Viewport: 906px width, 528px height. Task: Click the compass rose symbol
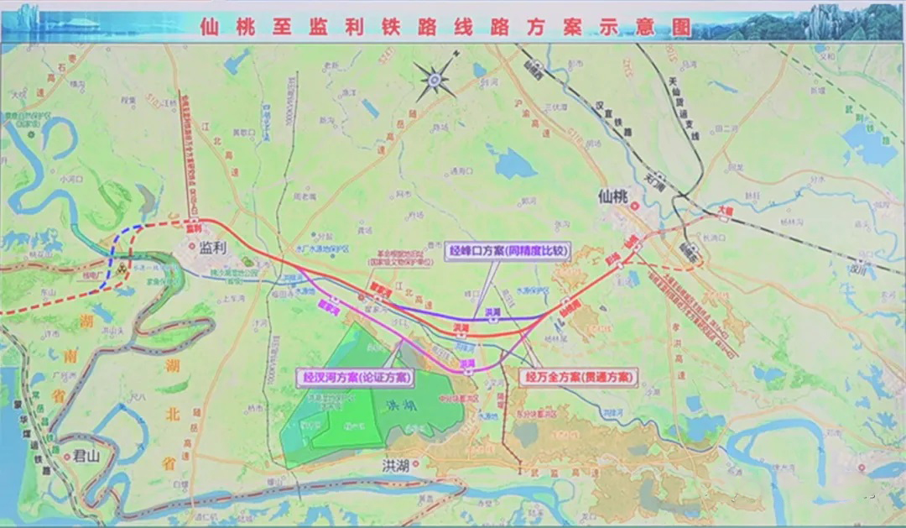tap(435, 79)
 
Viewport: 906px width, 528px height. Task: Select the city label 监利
tap(214, 248)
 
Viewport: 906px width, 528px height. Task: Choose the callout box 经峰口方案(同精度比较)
tap(508, 250)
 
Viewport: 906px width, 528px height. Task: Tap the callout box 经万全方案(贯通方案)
tap(580, 378)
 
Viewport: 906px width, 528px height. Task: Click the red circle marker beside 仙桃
tap(637, 206)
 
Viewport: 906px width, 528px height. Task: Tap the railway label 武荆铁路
tap(872, 117)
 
